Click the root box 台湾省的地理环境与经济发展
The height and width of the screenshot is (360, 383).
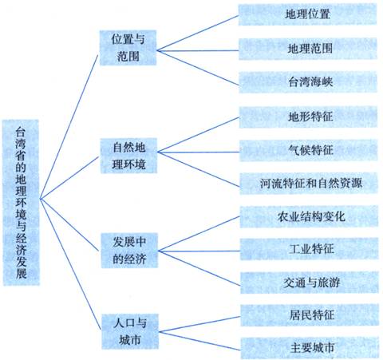pyautogui.click(x=21, y=203)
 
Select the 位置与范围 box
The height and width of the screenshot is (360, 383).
pyautogui.click(x=128, y=48)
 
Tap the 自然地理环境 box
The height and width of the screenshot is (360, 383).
pyautogui.click(x=128, y=156)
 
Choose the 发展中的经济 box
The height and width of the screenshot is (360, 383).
pyautogui.click(x=129, y=251)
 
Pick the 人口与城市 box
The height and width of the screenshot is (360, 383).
pyautogui.click(x=130, y=331)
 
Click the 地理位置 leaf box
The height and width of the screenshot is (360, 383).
pyautogui.click(x=307, y=14)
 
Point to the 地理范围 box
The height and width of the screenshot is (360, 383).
pyautogui.click(x=308, y=49)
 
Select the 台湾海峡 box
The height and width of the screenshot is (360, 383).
pyautogui.click(x=308, y=82)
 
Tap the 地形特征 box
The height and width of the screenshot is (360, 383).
pyautogui.click(x=308, y=117)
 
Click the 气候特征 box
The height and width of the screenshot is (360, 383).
pyautogui.click(x=309, y=150)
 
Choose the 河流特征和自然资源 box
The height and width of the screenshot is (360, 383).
pyautogui.click(x=309, y=184)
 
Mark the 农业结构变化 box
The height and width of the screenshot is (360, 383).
pyautogui.click(x=309, y=216)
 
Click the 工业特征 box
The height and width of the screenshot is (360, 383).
pyautogui.click(x=310, y=249)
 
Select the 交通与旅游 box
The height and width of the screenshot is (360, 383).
pyautogui.click(x=310, y=283)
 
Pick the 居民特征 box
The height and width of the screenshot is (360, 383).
pyautogui.click(x=310, y=315)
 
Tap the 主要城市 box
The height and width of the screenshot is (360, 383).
pyautogui.click(x=310, y=348)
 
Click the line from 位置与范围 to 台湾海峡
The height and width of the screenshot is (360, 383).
pyautogui.click(x=198, y=68)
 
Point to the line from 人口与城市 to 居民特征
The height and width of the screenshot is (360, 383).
pyautogui.click(x=199, y=324)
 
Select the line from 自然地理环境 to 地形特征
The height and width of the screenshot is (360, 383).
pyautogui.click(x=199, y=135)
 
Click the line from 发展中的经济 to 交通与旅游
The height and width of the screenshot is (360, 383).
pyautogui.click(x=199, y=268)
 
